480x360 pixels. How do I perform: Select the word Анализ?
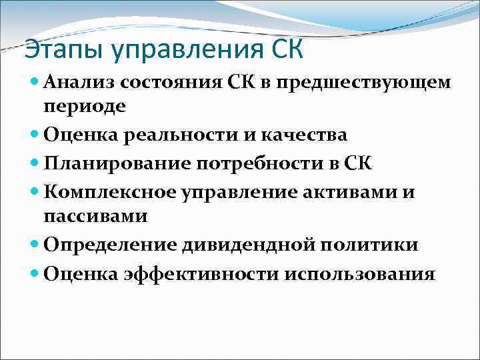[77, 83]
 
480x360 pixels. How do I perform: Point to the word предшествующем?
[363, 83]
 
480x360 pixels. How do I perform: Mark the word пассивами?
[95, 216]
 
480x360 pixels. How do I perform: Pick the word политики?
[369, 245]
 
